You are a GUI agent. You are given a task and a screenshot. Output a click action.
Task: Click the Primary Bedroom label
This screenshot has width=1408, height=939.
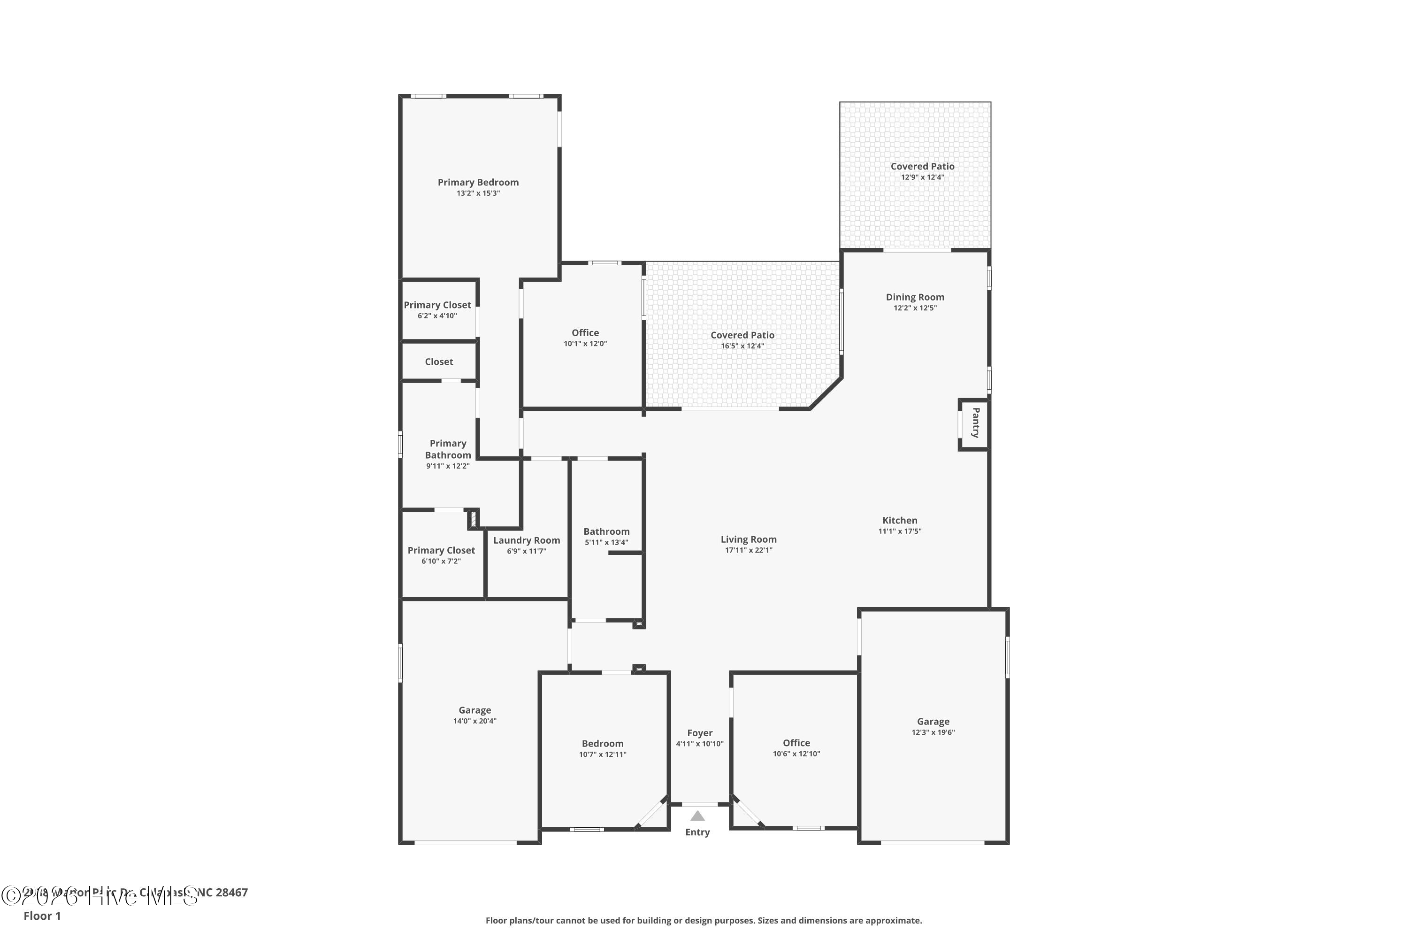pyautogui.click(x=478, y=182)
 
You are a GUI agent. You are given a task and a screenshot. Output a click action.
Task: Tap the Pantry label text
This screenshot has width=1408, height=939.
pyautogui.click(x=975, y=423)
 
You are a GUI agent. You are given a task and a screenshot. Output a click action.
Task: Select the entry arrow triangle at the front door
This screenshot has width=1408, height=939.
pyautogui.click(x=697, y=816)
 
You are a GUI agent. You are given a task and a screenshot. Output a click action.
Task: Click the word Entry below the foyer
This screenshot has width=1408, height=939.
pyautogui.click(x=697, y=832)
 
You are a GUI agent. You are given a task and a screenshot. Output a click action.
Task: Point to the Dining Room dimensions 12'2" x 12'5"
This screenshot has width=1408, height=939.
pyautogui.click(x=915, y=308)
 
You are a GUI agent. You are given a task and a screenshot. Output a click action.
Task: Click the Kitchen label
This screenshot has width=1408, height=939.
pyautogui.click(x=899, y=520)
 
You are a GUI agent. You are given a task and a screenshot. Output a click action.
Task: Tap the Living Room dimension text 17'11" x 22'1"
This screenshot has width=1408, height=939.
pyautogui.click(x=748, y=550)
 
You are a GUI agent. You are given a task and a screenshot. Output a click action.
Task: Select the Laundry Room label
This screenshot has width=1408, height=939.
pyautogui.click(x=526, y=540)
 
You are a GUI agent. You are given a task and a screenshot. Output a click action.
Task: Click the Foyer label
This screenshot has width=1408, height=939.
pyautogui.click(x=699, y=733)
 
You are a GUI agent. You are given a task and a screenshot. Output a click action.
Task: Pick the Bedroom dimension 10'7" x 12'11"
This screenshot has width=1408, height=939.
pyautogui.click(x=602, y=754)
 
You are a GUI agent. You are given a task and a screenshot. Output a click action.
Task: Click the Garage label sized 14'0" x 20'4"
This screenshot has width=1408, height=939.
pyautogui.click(x=474, y=710)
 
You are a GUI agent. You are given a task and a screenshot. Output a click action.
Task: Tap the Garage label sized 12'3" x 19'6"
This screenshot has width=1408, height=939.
pyautogui.click(x=933, y=722)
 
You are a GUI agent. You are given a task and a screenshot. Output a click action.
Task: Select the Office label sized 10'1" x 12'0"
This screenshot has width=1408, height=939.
pyautogui.click(x=585, y=333)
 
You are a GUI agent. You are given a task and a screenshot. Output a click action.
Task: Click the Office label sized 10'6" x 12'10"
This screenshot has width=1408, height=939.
pyautogui.click(x=796, y=743)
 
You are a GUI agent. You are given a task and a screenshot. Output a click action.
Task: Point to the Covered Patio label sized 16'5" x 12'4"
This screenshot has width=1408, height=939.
pyautogui.click(x=742, y=335)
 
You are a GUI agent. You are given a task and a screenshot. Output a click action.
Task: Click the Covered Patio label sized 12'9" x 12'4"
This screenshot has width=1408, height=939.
pyautogui.click(x=922, y=167)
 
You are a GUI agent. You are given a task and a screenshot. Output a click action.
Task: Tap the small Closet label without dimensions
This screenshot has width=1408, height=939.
pyautogui.click(x=439, y=362)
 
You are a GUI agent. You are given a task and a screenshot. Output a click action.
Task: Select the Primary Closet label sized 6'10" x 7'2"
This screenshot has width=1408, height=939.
pyautogui.click(x=441, y=550)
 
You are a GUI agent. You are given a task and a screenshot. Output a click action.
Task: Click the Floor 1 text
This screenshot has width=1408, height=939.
pyautogui.click(x=42, y=916)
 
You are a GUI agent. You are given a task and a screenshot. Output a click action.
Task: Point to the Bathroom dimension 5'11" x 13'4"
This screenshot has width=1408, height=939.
pyautogui.click(x=606, y=543)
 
